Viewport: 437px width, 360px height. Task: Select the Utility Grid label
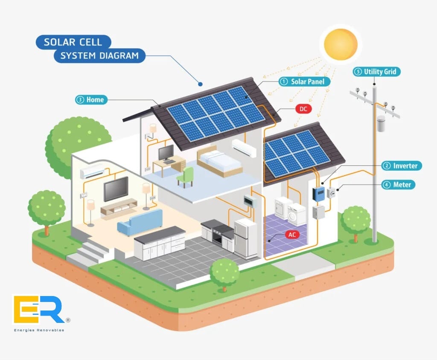click(377, 72)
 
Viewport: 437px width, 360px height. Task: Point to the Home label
click(90, 100)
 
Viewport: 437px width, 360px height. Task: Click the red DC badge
click(303, 109)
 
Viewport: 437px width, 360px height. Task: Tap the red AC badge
click(292, 235)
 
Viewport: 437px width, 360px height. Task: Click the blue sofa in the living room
click(140, 221)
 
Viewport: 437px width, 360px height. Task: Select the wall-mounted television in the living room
click(116, 188)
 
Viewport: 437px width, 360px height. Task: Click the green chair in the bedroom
click(186, 177)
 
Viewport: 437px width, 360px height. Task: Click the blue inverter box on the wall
click(319, 194)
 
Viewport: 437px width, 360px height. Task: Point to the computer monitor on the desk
click(166, 152)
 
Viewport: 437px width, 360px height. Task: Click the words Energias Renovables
click(39, 330)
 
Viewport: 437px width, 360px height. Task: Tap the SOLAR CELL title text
click(73, 42)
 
